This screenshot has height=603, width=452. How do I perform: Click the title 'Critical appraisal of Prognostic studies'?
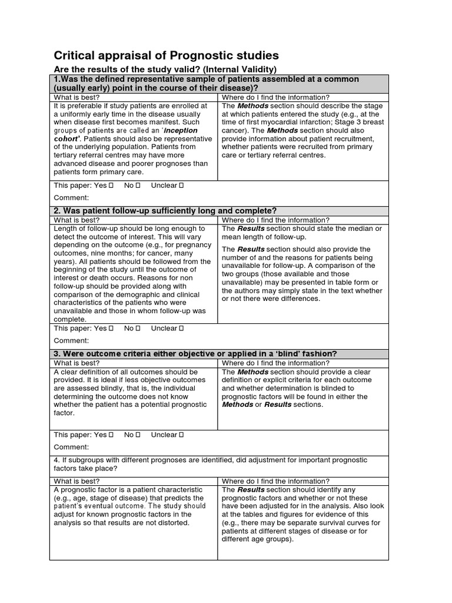166,55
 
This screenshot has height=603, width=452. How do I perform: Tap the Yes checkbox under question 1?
111,185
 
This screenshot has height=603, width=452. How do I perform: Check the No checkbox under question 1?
138,185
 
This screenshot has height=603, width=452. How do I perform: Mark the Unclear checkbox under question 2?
181,328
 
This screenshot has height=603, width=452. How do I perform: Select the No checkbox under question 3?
138,435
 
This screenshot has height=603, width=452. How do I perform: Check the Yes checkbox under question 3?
111,435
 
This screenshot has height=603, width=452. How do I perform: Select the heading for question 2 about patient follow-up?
165,211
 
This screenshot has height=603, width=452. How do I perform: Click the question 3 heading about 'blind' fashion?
195,353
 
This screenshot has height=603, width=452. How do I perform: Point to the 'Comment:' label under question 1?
71,198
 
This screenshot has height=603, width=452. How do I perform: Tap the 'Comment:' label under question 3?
71,448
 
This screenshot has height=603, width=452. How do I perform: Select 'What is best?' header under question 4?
77,481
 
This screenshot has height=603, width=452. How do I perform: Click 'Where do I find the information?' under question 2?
275,220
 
